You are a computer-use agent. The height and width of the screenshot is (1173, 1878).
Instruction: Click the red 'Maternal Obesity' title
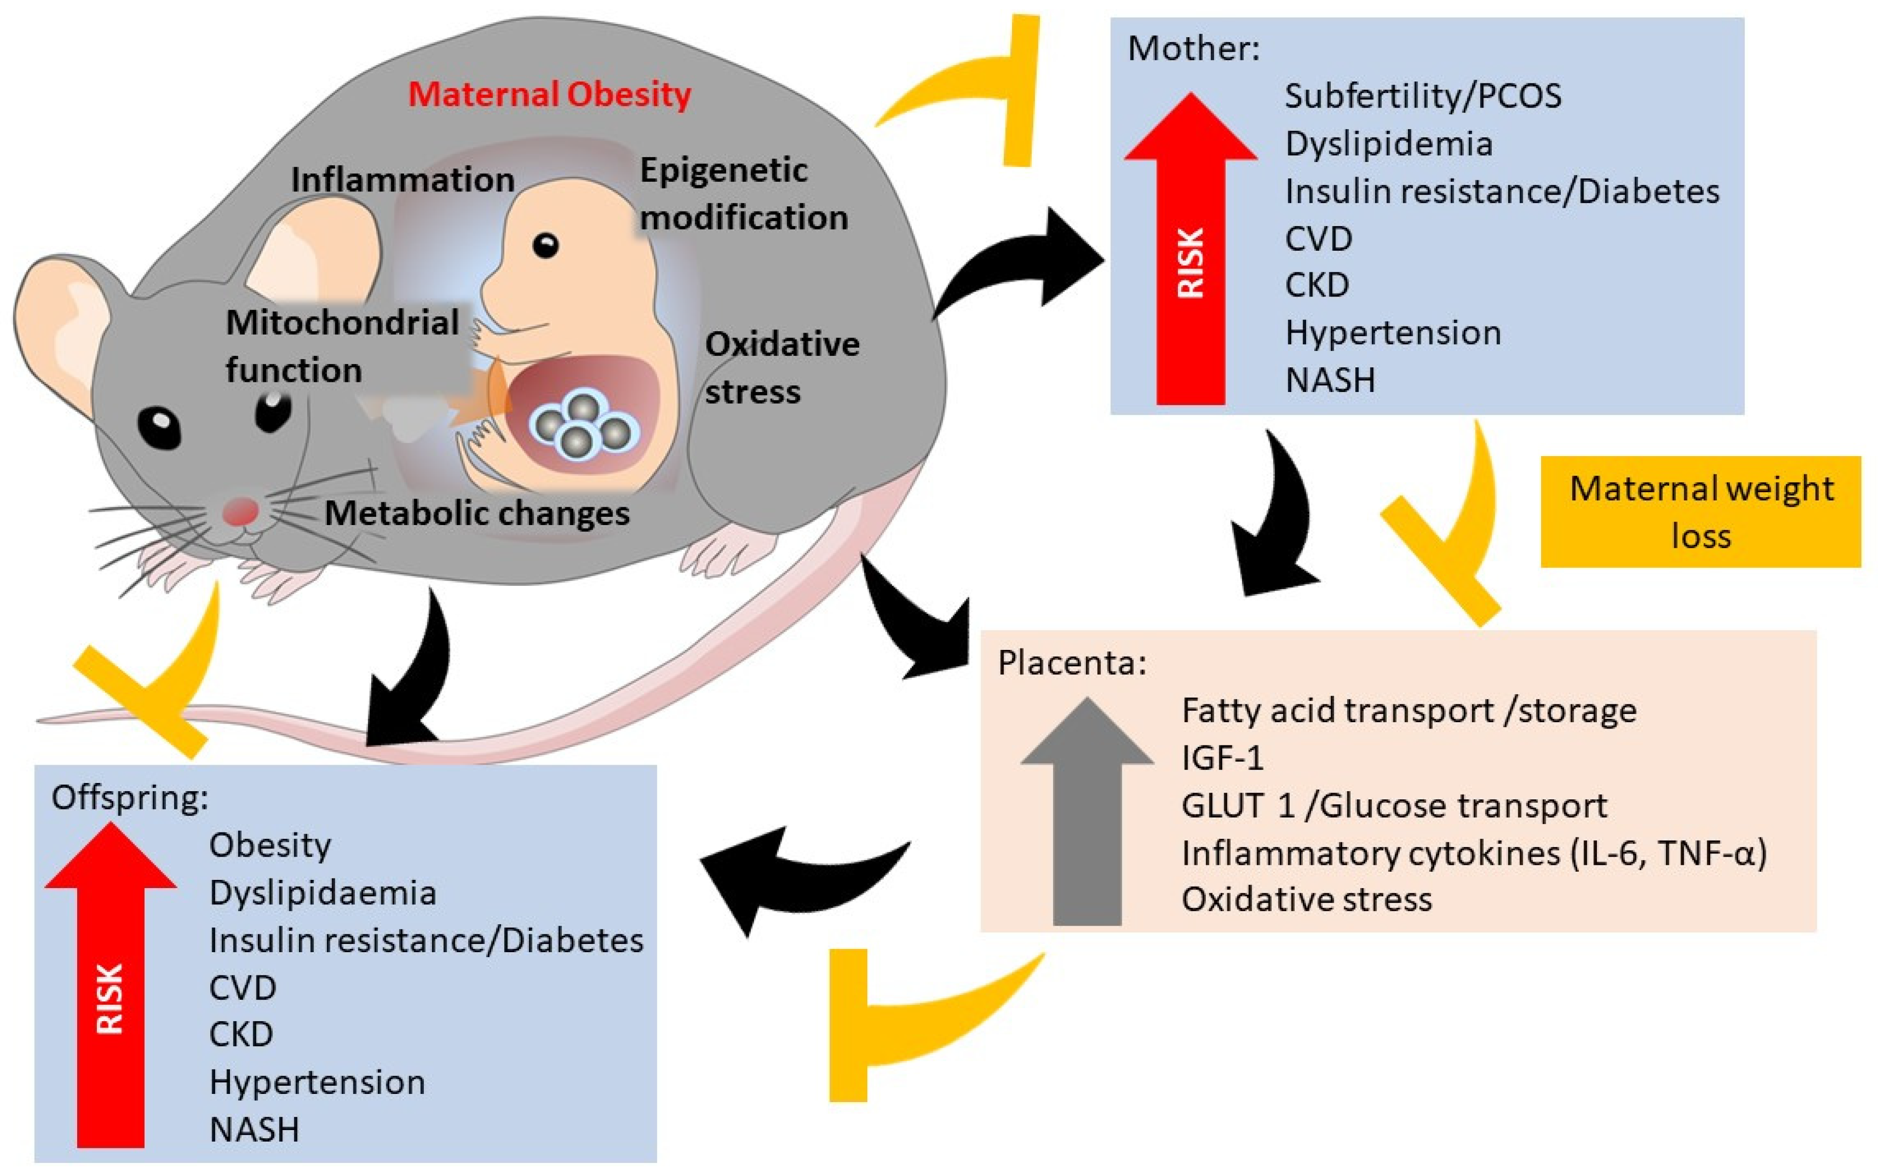point(549,94)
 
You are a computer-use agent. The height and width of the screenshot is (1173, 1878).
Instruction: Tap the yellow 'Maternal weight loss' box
point(1701,512)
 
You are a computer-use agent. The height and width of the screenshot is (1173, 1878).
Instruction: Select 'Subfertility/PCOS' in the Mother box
point(1423,96)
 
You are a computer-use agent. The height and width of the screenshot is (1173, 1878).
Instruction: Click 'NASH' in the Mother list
point(1330,380)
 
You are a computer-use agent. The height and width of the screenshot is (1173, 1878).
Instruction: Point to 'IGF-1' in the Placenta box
point(1223,758)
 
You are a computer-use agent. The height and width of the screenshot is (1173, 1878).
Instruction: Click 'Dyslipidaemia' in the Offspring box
point(323,893)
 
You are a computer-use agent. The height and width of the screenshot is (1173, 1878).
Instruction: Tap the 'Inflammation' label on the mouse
point(403,180)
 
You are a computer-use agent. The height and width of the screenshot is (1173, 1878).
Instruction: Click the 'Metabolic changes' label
point(476,513)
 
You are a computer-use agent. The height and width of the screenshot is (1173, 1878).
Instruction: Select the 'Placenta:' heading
point(1072,663)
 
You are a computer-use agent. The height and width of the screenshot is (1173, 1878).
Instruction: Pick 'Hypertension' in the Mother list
point(1393,333)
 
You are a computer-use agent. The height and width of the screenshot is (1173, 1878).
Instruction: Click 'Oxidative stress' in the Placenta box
point(1306,900)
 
